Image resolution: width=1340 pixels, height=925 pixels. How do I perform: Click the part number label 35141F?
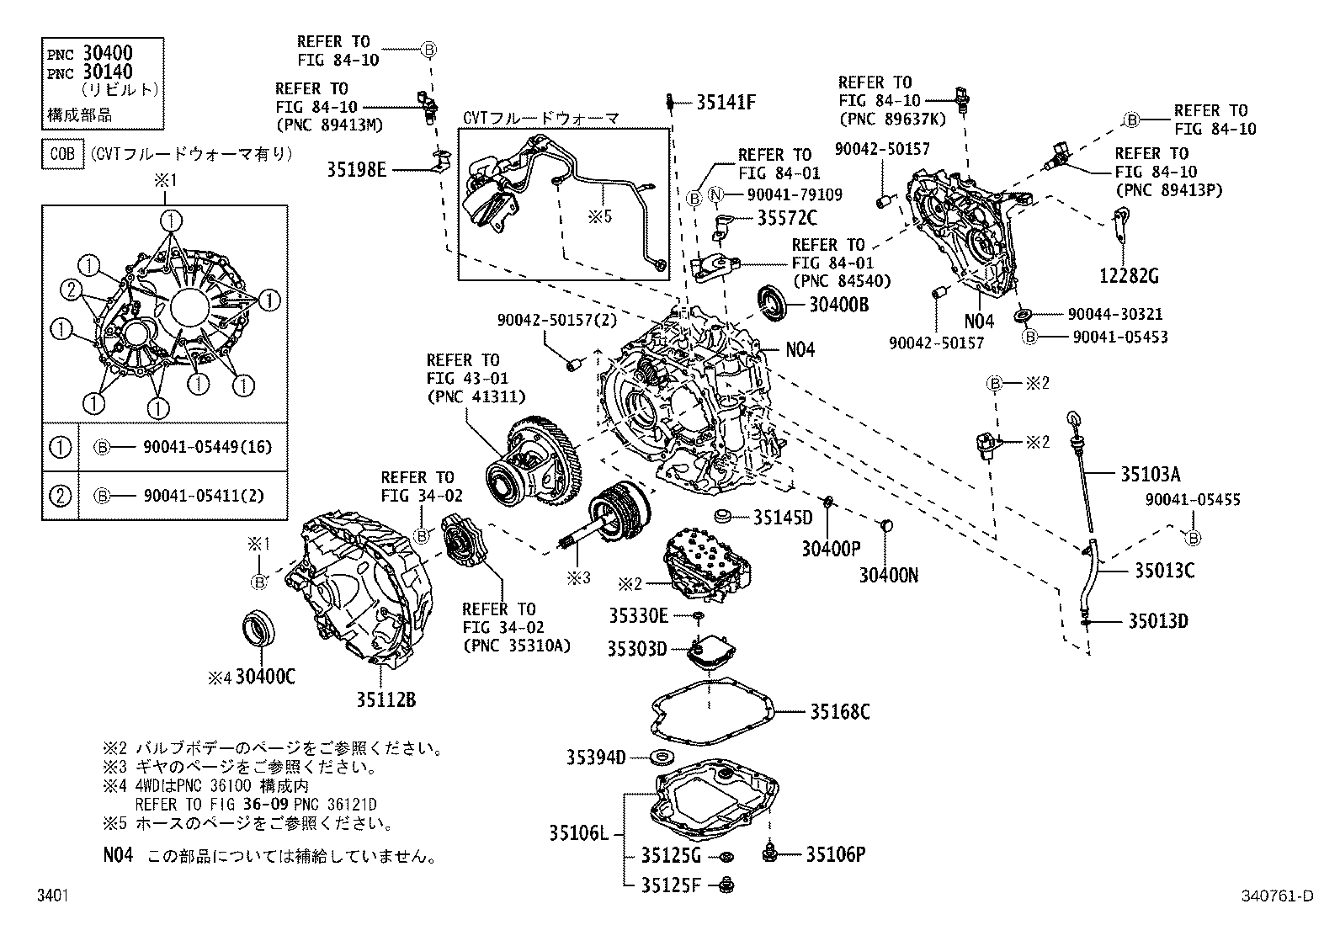tap(726, 103)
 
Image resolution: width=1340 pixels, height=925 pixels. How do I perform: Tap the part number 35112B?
tap(384, 699)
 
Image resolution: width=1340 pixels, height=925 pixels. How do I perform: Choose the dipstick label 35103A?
tap(1150, 473)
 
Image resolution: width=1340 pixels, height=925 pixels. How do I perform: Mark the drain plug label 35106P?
tap(835, 854)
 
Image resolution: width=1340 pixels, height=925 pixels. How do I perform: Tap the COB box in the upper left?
tap(62, 154)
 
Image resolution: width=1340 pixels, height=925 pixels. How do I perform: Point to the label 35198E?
tap(356, 169)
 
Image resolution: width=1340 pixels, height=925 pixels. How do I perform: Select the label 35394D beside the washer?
tap(595, 757)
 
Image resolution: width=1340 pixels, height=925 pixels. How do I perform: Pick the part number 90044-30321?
tap(1114, 314)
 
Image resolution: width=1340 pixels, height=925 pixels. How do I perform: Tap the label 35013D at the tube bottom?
tap(1158, 621)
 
